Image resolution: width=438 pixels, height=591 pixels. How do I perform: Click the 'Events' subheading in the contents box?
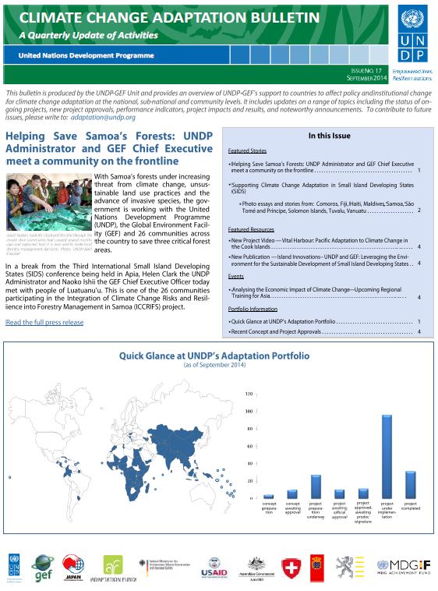coord(235,276)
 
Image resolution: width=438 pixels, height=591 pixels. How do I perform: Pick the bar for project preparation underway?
coord(316,487)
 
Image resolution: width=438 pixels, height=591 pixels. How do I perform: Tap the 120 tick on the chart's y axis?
coord(249,394)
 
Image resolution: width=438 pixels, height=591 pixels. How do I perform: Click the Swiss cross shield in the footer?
coord(290,567)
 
